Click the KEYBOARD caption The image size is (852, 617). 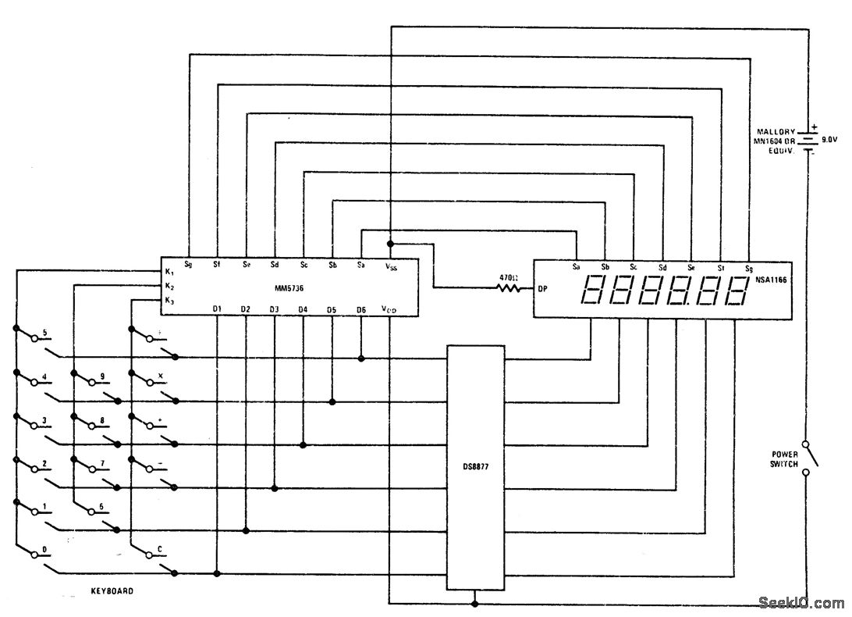[x=112, y=591]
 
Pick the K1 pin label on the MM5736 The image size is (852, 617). [x=169, y=271]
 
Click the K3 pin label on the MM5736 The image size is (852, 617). [x=169, y=301]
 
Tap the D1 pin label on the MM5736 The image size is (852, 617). [x=217, y=309]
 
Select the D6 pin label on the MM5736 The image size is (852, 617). [x=360, y=309]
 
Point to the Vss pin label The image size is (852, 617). [x=391, y=267]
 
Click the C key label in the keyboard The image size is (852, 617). [x=160, y=549]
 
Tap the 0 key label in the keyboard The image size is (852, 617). [x=45, y=549]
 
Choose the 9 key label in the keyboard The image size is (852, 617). [x=102, y=376]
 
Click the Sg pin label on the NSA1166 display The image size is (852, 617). [x=747, y=268]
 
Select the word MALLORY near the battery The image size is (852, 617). [x=776, y=131]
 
